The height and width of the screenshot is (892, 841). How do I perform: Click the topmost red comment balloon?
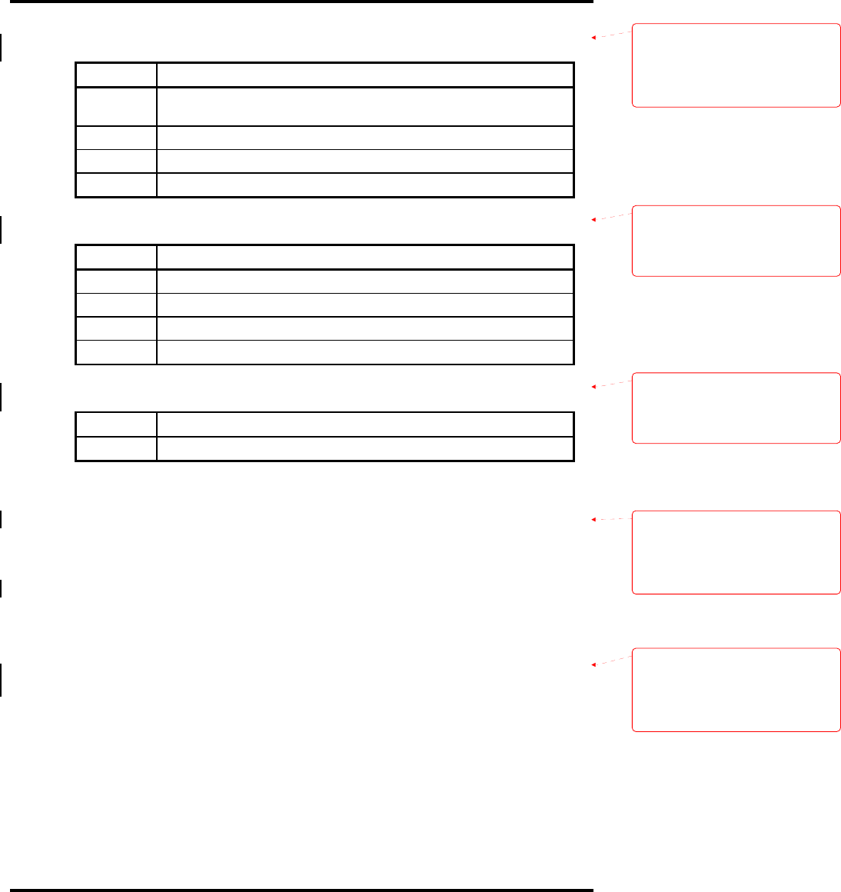(736, 65)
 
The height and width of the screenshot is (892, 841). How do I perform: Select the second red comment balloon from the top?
(736, 241)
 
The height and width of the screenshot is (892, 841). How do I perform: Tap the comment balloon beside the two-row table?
(736, 408)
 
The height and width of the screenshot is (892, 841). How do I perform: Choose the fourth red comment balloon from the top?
(736, 552)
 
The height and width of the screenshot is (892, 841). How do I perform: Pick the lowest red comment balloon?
(736, 690)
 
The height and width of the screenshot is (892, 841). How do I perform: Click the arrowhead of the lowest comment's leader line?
(593, 664)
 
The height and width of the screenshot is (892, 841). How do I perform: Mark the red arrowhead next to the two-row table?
(593, 386)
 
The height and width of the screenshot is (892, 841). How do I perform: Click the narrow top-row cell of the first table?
(116, 75)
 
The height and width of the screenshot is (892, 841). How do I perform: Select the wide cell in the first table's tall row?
(365, 106)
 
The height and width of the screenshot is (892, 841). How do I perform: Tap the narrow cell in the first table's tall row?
(116, 106)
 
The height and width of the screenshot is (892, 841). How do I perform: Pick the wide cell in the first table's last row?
(365, 185)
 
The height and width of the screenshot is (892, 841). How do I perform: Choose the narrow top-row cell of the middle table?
(116, 257)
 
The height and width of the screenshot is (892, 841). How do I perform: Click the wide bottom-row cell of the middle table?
(365, 351)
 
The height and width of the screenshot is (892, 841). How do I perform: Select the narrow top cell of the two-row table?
(116, 424)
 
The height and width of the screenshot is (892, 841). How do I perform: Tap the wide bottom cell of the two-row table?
(365, 448)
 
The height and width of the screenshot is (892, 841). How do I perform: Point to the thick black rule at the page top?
(297, 2)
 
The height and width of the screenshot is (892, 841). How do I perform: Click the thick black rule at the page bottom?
(297, 890)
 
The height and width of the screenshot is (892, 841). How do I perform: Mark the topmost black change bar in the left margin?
(2, 46)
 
